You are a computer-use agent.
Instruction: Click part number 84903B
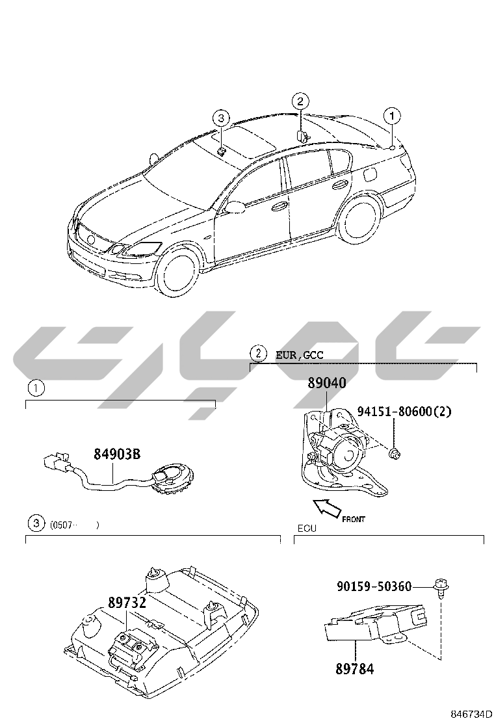click(x=117, y=454)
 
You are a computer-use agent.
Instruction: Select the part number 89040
click(x=327, y=382)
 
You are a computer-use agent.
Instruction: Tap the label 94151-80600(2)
click(x=404, y=411)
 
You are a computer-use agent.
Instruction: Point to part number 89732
click(x=127, y=602)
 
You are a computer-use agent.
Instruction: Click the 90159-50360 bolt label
click(x=374, y=586)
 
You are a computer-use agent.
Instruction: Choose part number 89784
click(x=354, y=668)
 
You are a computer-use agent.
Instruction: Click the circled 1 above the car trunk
click(x=392, y=115)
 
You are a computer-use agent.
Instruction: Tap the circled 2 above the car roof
click(x=300, y=101)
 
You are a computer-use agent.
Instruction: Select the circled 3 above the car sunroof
click(x=221, y=118)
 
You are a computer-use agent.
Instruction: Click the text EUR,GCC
click(x=300, y=355)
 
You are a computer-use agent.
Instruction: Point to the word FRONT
click(x=354, y=519)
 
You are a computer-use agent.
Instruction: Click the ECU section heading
click(x=307, y=529)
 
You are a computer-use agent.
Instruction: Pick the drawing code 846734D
click(x=471, y=715)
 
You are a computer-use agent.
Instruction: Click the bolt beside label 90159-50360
click(x=441, y=588)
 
